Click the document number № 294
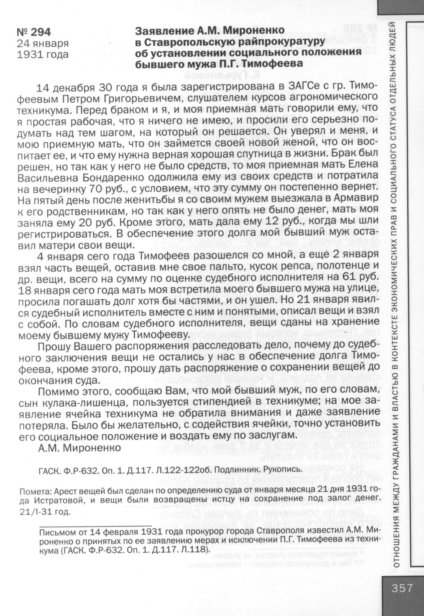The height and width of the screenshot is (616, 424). [x=34, y=32]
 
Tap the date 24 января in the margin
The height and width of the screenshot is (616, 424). [x=43, y=43]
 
